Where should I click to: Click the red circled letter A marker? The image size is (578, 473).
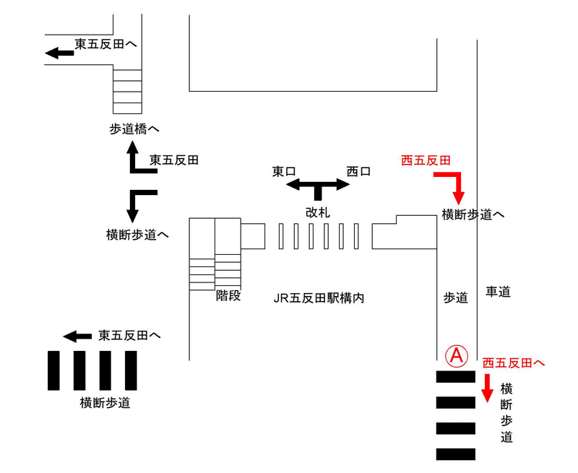click(x=457, y=355)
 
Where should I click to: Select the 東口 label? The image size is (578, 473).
click(x=284, y=172)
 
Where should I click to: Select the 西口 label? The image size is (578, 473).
click(x=358, y=172)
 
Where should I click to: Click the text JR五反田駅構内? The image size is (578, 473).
click(x=319, y=298)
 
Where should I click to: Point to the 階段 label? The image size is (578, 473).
click(x=228, y=295)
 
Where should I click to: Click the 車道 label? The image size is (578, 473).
click(x=498, y=292)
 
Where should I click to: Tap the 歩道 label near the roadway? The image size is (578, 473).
click(x=455, y=298)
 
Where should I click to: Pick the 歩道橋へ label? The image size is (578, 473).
click(x=134, y=129)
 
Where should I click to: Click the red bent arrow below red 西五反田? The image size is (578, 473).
click(x=455, y=184)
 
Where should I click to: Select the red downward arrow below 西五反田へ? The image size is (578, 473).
click(x=487, y=389)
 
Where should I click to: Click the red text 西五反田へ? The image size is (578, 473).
click(x=513, y=363)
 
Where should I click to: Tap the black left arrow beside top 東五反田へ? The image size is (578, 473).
click(x=57, y=53)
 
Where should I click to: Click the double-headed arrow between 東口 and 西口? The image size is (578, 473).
click(x=318, y=186)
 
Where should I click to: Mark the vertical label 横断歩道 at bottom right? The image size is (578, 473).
click(x=506, y=413)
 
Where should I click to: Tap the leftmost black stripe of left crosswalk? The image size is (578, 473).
click(x=53, y=370)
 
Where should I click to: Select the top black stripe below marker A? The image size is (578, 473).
click(x=456, y=376)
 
